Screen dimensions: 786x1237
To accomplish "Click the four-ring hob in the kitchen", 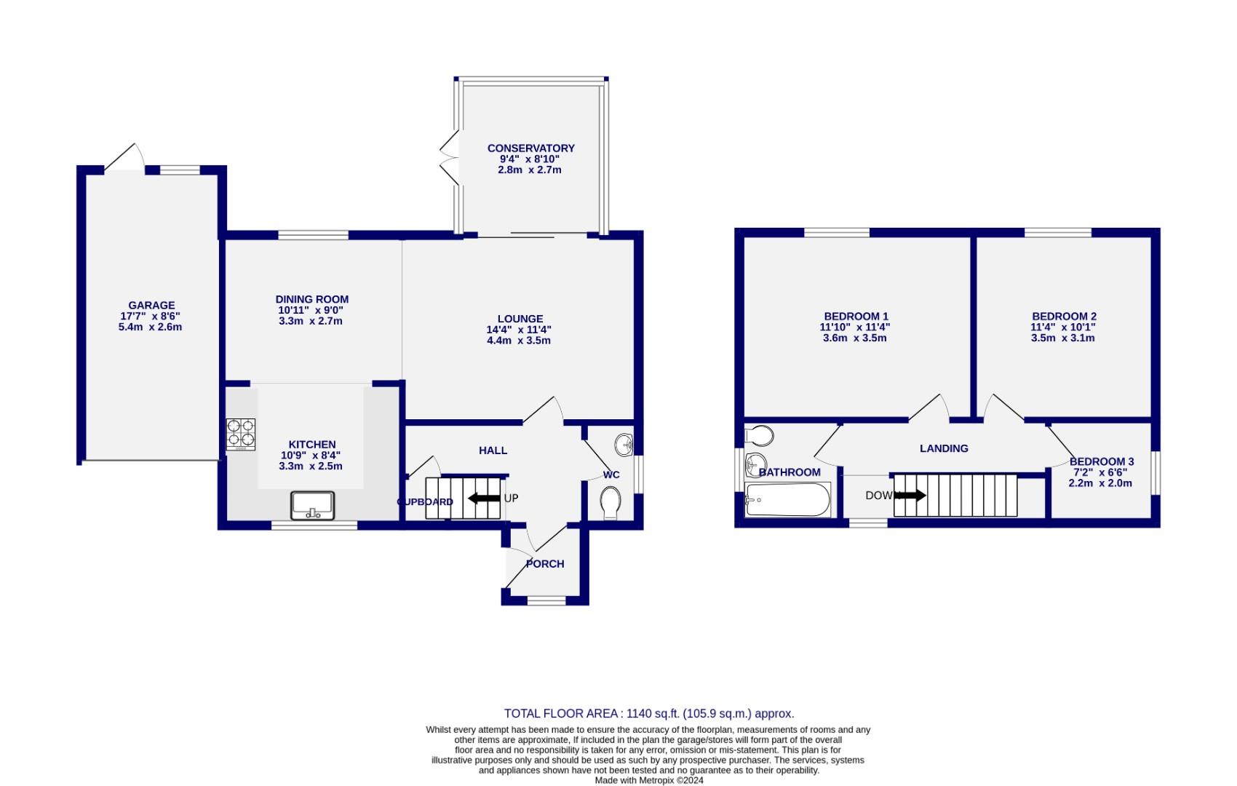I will coord(241,434).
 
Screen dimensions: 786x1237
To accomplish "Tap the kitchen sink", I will coord(312,506).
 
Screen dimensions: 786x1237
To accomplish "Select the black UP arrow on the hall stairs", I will coord(483,499).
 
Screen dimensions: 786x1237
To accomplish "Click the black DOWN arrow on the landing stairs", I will coord(912,496).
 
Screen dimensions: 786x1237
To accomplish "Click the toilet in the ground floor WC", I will coord(610,503).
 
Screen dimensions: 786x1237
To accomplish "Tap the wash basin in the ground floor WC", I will coord(624,443).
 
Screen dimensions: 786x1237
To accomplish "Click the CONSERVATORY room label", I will coord(530,148).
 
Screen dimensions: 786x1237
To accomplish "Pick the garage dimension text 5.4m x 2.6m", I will coord(150,327).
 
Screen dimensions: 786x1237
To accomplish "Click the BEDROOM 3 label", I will coord(1101,461).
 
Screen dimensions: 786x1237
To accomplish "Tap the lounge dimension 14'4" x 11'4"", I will coord(519,330).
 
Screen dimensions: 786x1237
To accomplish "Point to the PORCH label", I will coord(545,564).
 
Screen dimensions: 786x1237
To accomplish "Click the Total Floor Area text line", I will coord(649,714).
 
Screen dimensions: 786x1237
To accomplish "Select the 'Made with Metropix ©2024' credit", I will coord(649,780).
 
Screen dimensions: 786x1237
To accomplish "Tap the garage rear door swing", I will coord(124,157).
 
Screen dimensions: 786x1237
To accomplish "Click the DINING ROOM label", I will coord(311,299).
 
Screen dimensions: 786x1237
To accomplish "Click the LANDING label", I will coord(944,448).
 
